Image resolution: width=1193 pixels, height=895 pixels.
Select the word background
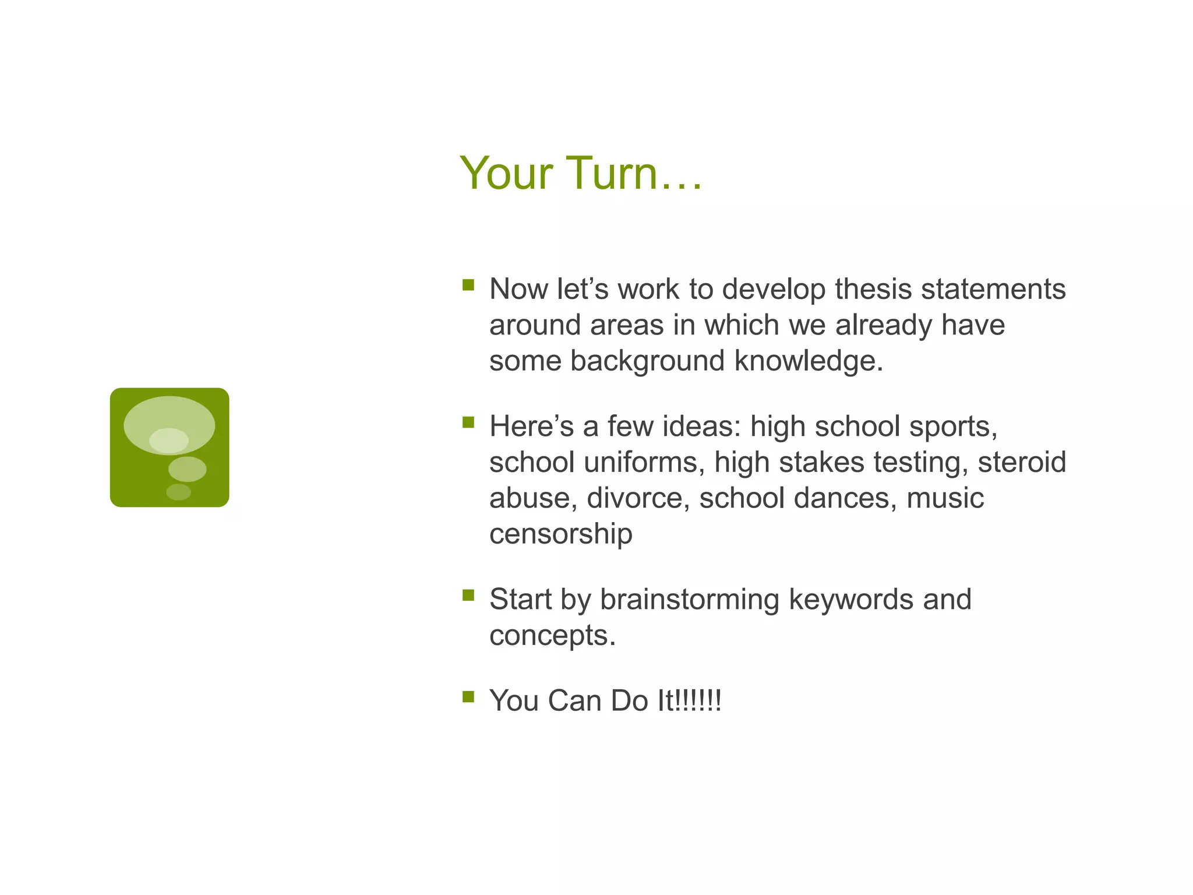pyautogui.click(x=647, y=361)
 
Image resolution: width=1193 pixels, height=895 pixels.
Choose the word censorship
pyautogui.click(x=560, y=534)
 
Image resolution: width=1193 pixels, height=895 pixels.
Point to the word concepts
pyautogui.click(x=552, y=636)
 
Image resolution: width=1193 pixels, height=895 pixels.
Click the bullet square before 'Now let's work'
pyautogui.click(x=468, y=285)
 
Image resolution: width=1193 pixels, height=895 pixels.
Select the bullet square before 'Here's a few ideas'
pyautogui.click(x=468, y=422)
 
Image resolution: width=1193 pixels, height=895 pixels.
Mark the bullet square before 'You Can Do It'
pyautogui.click(x=468, y=696)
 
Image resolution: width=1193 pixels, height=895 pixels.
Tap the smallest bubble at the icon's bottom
pyautogui.click(x=178, y=492)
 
